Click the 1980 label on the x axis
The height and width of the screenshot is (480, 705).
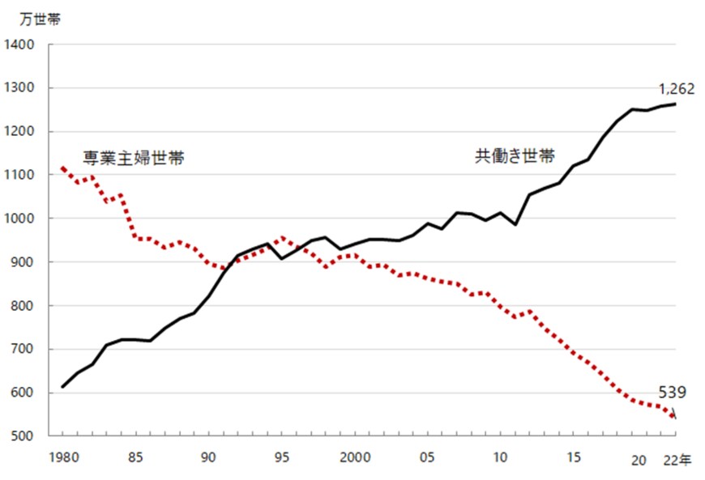[63, 457]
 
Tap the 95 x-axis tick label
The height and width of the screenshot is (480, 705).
[281, 457]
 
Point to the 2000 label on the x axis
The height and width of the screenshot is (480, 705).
[354, 457]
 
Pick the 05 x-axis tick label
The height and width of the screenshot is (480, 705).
[427, 457]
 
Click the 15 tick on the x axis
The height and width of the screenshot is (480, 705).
[573, 457]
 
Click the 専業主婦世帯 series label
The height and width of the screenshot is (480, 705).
[133, 157]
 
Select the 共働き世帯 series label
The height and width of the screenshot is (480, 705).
[514, 156]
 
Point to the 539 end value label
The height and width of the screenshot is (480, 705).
[673, 393]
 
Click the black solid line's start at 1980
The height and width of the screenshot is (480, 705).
[63, 387]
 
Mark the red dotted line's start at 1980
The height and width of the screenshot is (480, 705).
[63, 168]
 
